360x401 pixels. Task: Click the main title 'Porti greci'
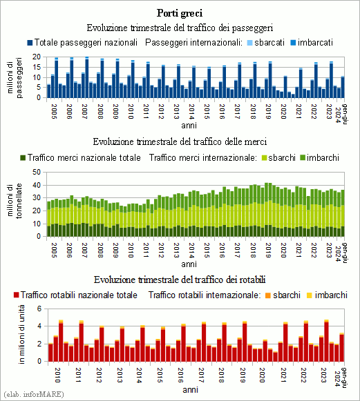pos(180,13)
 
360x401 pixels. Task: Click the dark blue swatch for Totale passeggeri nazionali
pos(30,43)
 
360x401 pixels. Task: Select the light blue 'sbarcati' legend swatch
pos(250,43)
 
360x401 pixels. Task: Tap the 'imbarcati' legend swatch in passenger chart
pos(293,43)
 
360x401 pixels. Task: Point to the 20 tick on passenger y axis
pos(37,57)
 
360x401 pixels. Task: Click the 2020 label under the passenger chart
pos(283,112)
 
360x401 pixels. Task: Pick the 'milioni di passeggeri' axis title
pos(15,77)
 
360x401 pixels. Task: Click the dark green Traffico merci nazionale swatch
pos(23,158)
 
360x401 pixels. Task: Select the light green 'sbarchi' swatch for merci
pos(264,158)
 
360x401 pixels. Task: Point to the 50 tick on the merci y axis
pos(37,172)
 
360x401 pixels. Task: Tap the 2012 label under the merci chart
pos(161,251)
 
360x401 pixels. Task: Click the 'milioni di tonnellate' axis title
pos(15,201)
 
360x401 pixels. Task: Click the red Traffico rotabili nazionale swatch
pos(17,295)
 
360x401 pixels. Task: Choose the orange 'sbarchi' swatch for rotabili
pos(268,295)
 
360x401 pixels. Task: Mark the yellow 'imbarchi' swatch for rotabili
pos(310,295)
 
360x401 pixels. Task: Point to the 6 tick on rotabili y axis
pos(39,309)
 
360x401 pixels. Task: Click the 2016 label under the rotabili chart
pos(180,375)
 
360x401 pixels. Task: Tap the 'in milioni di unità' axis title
pos(21,334)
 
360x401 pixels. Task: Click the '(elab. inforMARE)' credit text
pos(34,394)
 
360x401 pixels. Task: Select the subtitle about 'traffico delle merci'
pos(180,141)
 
